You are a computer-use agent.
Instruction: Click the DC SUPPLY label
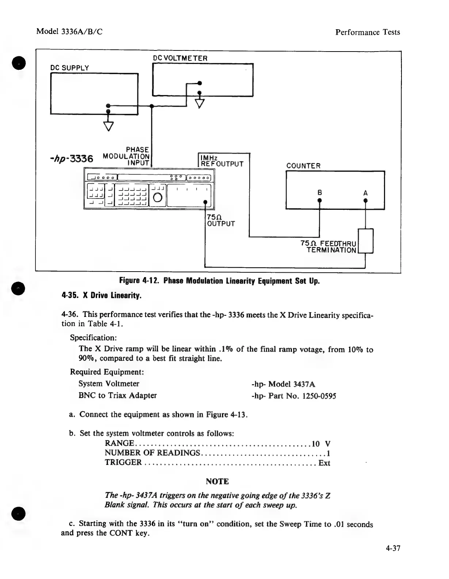[69, 68]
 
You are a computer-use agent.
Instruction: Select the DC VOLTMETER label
[180, 58]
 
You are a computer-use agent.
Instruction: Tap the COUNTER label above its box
[303, 166]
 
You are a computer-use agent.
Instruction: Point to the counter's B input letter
[319, 193]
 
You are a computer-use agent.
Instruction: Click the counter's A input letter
[365, 193]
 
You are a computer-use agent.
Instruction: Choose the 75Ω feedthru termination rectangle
[366, 241]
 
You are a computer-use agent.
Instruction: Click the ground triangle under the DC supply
[109, 126]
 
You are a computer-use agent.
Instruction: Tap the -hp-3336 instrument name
[71, 159]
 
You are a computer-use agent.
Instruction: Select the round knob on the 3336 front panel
[158, 197]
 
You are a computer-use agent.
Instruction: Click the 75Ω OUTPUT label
[221, 220]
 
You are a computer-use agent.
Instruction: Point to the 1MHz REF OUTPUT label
[222, 161]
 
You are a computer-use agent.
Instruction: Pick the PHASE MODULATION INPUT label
[127, 156]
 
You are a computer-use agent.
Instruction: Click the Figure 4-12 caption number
[140, 281]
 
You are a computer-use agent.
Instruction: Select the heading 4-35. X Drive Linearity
[101, 295]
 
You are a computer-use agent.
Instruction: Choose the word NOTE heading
[217, 481]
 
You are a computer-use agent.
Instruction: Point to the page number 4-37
[393, 548]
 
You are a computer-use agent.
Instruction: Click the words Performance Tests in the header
[368, 32]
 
